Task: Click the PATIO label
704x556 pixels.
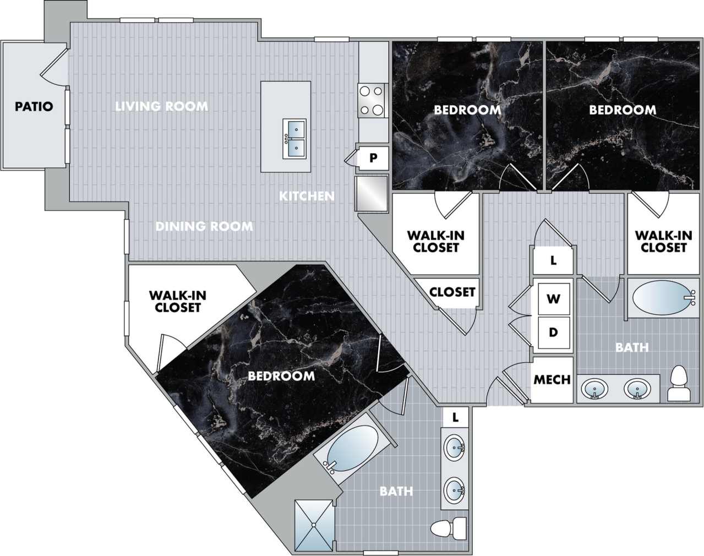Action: (x=34, y=106)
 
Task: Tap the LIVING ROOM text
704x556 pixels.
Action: (x=161, y=106)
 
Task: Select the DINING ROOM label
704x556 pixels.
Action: (x=204, y=226)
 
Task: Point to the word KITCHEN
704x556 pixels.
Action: (x=307, y=196)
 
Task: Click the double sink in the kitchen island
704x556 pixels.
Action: (x=294, y=139)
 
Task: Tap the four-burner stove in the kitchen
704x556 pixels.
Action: (x=371, y=101)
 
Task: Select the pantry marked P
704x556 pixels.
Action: (x=373, y=158)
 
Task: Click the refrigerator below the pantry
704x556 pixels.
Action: (x=372, y=193)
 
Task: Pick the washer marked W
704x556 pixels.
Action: (x=553, y=299)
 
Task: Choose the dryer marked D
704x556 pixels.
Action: (x=553, y=332)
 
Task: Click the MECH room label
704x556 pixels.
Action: (x=552, y=380)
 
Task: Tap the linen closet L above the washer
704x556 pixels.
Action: (x=553, y=260)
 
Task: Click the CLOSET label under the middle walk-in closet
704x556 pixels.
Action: (x=452, y=291)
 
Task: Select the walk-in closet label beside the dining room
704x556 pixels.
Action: (x=177, y=301)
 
